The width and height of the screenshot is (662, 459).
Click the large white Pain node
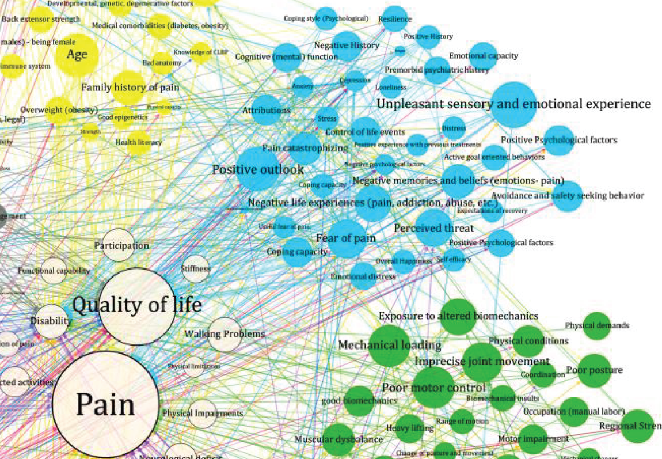(x=105, y=404)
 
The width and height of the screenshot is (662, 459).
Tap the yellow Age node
(x=77, y=55)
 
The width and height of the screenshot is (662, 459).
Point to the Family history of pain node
(x=128, y=88)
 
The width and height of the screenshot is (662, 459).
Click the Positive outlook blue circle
(x=257, y=169)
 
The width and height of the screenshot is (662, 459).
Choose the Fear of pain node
(x=347, y=237)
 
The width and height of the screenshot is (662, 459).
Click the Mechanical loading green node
(x=390, y=346)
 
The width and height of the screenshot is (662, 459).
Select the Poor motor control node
(x=433, y=388)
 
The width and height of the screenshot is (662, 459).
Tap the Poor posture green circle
(x=594, y=370)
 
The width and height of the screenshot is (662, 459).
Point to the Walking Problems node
(x=224, y=334)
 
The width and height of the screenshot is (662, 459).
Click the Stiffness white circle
(x=195, y=269)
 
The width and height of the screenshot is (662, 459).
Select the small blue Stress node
(x=326, y=119)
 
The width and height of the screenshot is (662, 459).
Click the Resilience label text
(x=395, y=19)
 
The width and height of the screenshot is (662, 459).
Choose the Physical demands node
(x=596, y=326)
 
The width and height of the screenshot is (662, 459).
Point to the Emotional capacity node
(x=483, y=56)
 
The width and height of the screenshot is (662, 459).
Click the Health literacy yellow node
(x=139, y=142)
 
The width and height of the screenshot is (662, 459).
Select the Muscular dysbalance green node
(x=338, y=439)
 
